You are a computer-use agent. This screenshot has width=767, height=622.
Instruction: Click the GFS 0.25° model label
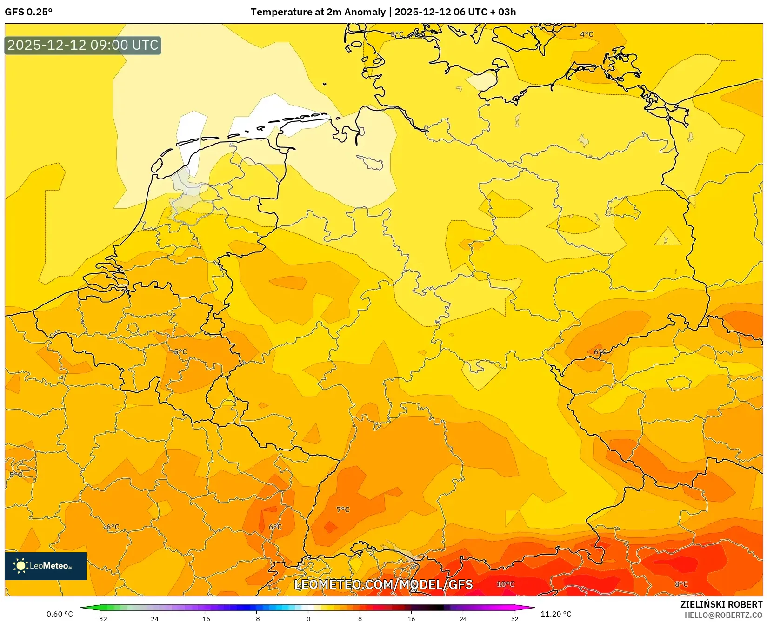(x=28, y=12)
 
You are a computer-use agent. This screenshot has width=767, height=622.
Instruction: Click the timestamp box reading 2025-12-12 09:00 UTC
(x=83, y=45)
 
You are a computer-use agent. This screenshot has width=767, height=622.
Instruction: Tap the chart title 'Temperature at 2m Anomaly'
(x=318, y=12)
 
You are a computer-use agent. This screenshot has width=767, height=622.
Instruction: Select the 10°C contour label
(x=506, y=584)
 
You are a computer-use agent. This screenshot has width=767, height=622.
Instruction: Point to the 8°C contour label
(x=681, y=584)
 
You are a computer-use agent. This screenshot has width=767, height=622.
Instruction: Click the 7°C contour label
(x=343, y=510)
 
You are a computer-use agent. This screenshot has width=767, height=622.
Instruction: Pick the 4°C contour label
(x=587, y=34)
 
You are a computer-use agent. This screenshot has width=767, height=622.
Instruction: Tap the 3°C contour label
(x=397, y=34)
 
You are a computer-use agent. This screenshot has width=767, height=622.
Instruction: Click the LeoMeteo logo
(x=46, y=566)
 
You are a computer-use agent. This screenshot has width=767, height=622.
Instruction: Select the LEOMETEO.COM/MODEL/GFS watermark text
(x=383, y=585)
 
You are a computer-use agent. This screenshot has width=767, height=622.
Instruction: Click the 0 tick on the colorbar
(x=308, y=619)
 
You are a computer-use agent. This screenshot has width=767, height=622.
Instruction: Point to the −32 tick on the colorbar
(x=101, y=619)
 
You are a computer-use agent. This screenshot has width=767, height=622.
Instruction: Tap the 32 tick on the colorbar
(x=514, y=619)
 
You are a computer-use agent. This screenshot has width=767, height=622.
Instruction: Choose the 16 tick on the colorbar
(x=411, y=619)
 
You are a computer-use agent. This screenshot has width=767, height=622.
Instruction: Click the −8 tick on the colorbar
(x=256, y=619)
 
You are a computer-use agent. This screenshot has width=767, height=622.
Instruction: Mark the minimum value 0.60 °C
(x=60, y=614)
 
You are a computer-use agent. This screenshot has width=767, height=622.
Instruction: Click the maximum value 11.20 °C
(x=556, y=614)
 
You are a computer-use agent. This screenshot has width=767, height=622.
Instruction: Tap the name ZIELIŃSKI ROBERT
(x=721, y=604)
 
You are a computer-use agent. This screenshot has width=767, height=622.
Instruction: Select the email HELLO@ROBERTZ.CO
(x=723, y=615)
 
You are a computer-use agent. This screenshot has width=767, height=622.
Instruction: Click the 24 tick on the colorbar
(x=463, y=619)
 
